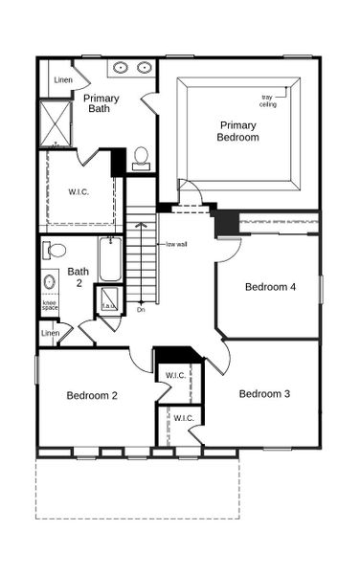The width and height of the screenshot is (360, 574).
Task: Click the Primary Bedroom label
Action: click(239, 131)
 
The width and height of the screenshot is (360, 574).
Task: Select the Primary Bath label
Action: click(101, 104)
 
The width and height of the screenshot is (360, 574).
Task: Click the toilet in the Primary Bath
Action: click(141, 158)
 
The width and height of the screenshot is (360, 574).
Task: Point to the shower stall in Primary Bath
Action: click(56, 123)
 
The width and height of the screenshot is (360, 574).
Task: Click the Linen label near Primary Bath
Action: click(63, 80)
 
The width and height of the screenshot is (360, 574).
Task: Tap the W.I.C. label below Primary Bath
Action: click(78, 191)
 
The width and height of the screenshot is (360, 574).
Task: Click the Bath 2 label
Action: click(79, 277)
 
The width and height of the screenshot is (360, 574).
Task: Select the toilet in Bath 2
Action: click(56, 251)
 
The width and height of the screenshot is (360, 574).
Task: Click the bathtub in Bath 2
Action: click(110, 258)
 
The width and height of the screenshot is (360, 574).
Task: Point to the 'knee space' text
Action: click(50, 305)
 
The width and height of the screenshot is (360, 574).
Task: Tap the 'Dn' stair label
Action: click(141, 309)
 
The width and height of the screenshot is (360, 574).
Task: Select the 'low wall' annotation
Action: click(176, 244)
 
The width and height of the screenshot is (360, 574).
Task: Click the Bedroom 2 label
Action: click(92, 395)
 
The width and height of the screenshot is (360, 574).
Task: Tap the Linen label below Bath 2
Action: click(50, 332)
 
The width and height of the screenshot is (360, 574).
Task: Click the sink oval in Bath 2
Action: click(50, 282)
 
